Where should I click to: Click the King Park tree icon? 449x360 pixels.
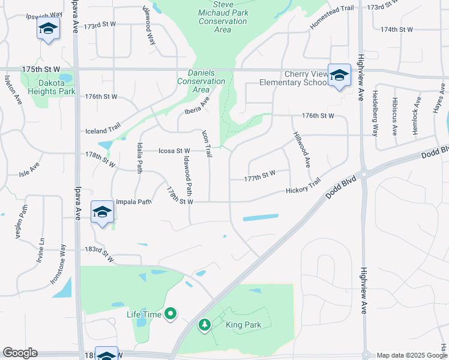coord(205,325)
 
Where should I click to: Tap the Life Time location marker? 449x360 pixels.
coord(170,313)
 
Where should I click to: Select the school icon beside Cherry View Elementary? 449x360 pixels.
coord(339,74)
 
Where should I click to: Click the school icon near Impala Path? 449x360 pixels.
coord(103,212)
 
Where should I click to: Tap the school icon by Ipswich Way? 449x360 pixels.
coord(48,28)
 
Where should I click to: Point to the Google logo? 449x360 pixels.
coord(20,353)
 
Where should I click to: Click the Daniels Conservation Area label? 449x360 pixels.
coord(202,81)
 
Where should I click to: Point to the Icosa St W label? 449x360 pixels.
coord(174,151)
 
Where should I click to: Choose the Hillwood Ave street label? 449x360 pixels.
coord(302,150)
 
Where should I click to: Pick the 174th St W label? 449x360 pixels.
coord(397,29)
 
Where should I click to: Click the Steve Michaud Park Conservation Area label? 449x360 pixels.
coord(221,16)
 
